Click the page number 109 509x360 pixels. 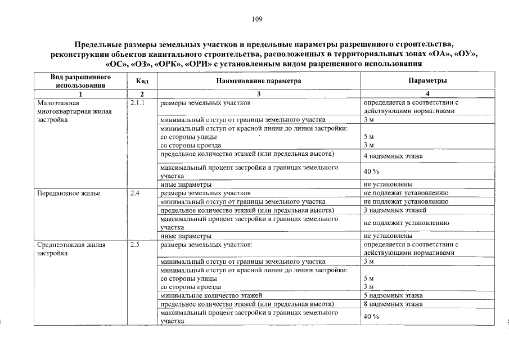tap(257, 19)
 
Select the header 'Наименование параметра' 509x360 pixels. tap(259, 81)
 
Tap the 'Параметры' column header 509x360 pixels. tap(427, 81)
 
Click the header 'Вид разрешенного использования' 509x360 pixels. tap(80, 81)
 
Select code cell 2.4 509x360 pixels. tap(135, 193)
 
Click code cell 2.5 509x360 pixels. tap(135, 245)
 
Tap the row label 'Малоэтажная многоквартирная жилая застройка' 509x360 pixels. tap(74, 111)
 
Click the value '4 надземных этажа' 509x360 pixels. tap(393, 156)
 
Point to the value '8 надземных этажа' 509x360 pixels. tap(393, 304)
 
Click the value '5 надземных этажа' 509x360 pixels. tap(393, 295)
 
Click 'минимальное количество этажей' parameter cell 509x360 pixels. tap(211, 295)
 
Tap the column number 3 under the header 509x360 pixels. tap(259, 93)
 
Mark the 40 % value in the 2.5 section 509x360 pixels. tap(371, 317)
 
